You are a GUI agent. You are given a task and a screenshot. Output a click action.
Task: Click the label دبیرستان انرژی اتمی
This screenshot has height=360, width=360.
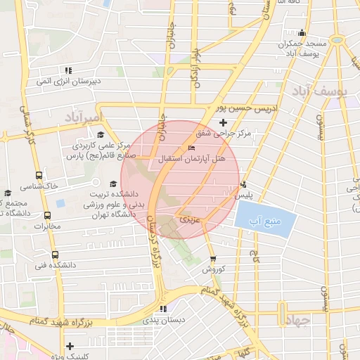69,81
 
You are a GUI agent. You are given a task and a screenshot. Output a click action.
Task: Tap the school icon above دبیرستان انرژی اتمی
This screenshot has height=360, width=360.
68,70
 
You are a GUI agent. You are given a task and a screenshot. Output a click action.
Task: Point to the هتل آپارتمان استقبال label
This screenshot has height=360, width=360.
192,159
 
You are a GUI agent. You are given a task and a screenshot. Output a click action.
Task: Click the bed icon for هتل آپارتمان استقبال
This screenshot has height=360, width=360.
192,148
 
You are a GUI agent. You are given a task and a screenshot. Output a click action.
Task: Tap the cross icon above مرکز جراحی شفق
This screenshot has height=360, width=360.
224,123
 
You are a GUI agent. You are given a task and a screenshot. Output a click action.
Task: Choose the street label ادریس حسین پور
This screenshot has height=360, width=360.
248,109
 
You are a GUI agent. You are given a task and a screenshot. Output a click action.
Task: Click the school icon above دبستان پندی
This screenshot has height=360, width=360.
163,309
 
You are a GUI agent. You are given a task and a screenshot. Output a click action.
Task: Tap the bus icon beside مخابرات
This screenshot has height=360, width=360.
47,215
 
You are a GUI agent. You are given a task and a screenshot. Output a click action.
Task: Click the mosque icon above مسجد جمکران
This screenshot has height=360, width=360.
302,32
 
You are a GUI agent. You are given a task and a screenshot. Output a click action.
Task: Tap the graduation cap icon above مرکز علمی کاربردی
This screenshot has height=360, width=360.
100,134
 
